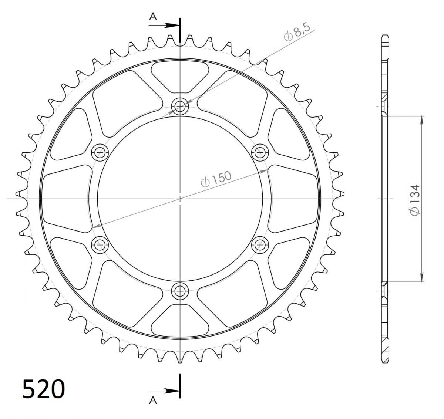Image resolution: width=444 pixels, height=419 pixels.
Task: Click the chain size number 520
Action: (x=44, y=389)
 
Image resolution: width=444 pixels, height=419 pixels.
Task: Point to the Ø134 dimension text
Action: (x=415, y=200)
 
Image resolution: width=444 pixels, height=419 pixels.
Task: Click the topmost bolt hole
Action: (x=180, y=107)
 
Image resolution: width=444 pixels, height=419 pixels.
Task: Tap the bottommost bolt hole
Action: (x=180, y=291)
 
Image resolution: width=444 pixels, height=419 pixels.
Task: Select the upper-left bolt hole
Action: (x=100, y=152)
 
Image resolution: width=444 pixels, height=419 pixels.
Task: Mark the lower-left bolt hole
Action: (x=100, y=244)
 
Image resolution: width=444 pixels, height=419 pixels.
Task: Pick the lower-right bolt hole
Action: (x=260, y=244)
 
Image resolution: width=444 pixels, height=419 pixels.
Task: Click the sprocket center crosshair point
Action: (x=180, y=199)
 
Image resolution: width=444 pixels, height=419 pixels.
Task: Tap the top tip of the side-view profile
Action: (x=384, y=36)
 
